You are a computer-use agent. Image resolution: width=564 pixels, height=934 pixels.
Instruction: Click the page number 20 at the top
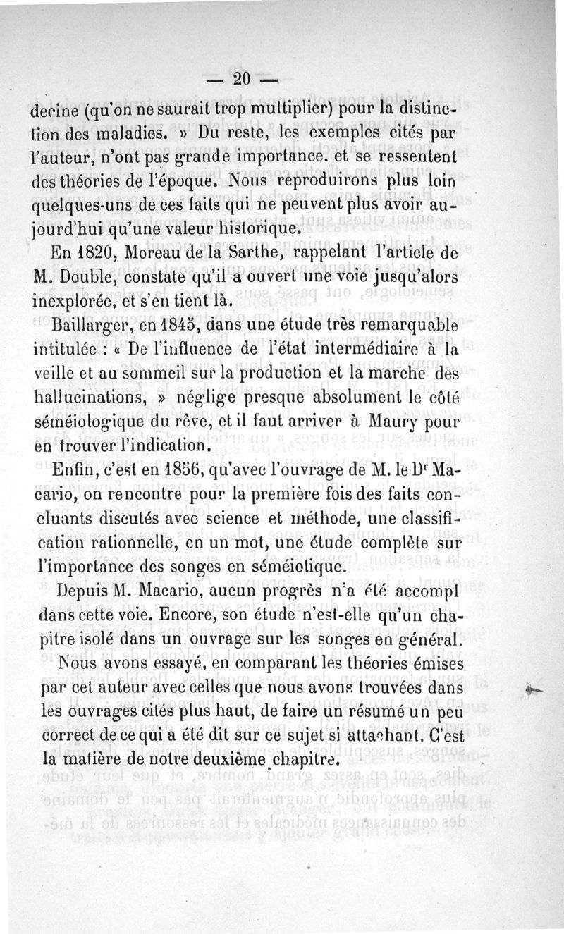[242, 80]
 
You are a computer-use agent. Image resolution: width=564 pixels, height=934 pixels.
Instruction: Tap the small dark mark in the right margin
[535, 691]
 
